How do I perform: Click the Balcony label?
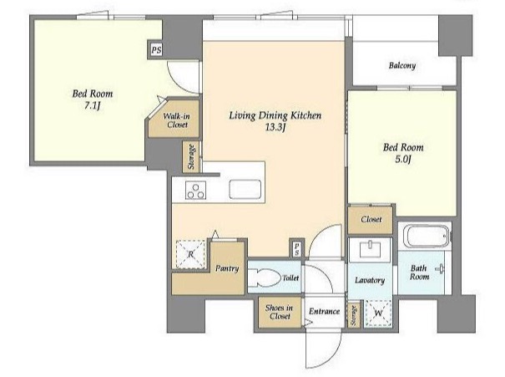pos(402,66)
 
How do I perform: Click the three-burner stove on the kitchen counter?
pos(196,191)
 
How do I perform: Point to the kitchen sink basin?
pos(245,189)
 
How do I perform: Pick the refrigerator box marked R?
pos(190,254)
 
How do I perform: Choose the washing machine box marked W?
pos(378,313)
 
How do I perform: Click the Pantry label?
pos(227,268)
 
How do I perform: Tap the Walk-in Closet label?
pos(176,120)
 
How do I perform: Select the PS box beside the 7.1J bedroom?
pos(156,50)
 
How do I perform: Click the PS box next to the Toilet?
pos(296,248)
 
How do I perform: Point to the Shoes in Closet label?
pos(280,312)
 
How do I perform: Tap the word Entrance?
pos(325,311)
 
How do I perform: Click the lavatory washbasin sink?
pos(371,249)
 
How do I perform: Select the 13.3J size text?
pos(275,128)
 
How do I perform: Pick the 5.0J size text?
pos(403,160)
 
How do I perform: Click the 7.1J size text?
pos(93,106)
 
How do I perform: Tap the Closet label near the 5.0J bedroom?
pos(371,219)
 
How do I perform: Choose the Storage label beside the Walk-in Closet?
pos(192,156)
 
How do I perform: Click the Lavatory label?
pos(370,280)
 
